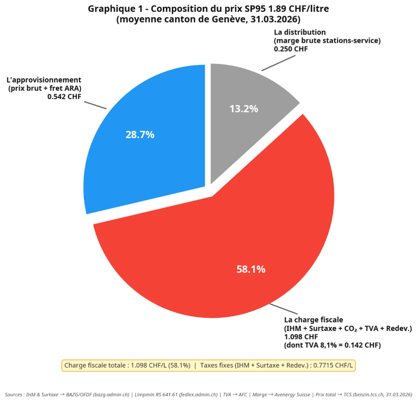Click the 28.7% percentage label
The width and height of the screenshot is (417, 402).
[x=140, y=135]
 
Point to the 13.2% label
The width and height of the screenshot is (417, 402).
[x=244, y=109]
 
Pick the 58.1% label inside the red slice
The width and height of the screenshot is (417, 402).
[x=251, y=269]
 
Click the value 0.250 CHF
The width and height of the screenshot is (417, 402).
[x=291, y=49]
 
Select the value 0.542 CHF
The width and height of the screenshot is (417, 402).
[x=64, y=97]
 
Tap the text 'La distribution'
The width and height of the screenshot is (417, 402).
[x=300, y=32]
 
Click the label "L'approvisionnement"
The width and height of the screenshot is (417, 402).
[x=44, y=80]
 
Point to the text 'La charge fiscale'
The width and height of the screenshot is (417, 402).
[x=314, y=320]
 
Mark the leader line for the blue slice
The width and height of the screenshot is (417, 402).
[x=95, y=105]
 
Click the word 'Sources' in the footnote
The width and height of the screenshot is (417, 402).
[x=13, y=395]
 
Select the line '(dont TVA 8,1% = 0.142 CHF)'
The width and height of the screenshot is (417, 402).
[x=332, y=345]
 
